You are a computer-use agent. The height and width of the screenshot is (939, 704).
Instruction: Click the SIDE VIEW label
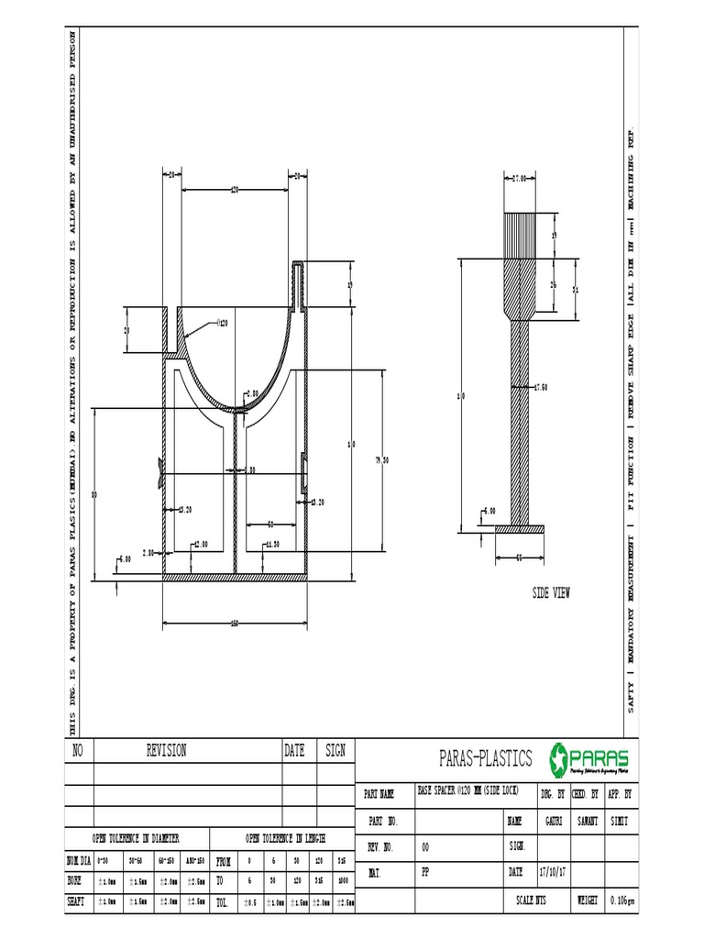(x=551, y=593)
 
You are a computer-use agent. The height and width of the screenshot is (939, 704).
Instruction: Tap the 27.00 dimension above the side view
(x=519, y=179)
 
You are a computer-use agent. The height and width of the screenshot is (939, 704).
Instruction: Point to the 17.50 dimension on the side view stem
(x=541, y=388)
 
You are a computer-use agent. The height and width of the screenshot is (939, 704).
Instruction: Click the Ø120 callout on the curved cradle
(x=223, y=323)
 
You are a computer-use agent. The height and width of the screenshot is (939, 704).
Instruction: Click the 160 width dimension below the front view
(x=234, y=624)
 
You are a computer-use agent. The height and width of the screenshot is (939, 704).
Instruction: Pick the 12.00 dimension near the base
(x=199, y=544)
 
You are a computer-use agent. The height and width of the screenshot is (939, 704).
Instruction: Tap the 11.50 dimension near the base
(x=271, y=544)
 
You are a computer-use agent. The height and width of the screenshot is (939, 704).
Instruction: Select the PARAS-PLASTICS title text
(x=486, y=758)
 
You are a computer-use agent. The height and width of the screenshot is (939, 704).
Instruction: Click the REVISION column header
(x=166, y=750)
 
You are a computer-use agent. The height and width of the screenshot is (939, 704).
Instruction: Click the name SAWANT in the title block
(x=587, y=821)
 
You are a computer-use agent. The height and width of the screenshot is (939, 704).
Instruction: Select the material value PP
(x=425, y=873)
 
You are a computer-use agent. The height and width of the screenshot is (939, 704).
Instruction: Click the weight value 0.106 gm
(x=622, y=900)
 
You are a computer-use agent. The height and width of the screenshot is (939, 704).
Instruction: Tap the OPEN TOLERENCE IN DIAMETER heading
(x=135, y=838)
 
